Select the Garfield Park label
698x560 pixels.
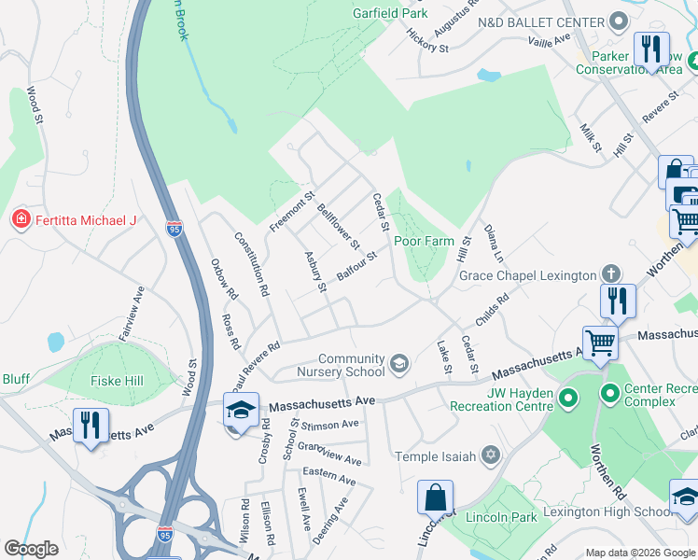(390, 13)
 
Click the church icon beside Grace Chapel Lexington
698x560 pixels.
(610, 274)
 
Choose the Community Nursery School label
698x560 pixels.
(352, 365)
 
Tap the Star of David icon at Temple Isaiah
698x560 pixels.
(490, 455)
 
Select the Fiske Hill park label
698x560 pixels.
(115, 381)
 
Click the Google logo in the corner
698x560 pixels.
(31, 549)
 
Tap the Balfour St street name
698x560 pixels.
(356, 266)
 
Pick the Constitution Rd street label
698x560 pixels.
(252, 264)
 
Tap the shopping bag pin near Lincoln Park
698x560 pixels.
(435, 497)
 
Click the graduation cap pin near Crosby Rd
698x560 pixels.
(241, 411)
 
